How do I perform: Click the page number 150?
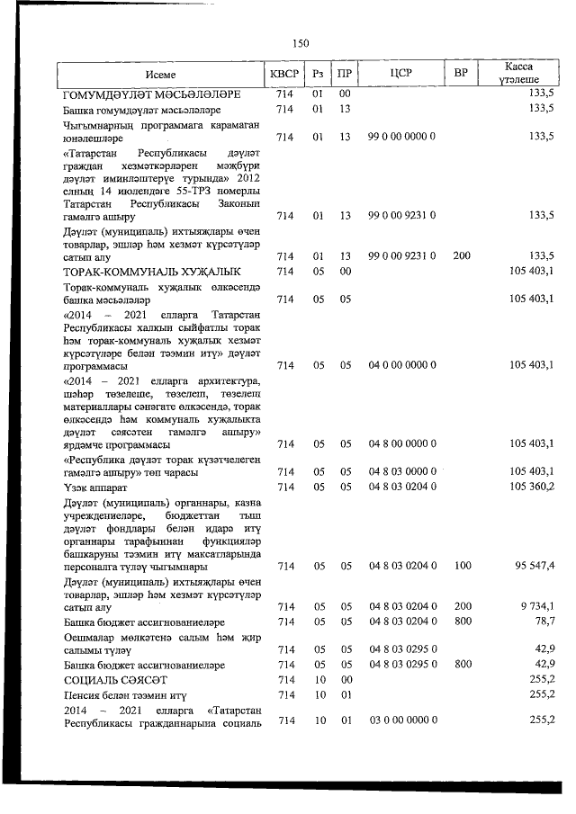(x=301, y=42)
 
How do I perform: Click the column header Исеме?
(x=162, y=75)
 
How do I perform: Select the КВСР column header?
(x=285, y=75)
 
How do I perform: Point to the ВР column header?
(x=462, y=75)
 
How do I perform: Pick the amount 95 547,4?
(x=531, y=566)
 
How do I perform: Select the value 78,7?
(x=543, y=622)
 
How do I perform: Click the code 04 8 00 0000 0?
(x=401, y=443)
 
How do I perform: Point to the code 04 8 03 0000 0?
(x=401, y=471)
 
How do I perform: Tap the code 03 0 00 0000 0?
(x=401, y=720)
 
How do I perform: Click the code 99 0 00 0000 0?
(x=401, y=137)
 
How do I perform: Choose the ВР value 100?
(x=462, y=566)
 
